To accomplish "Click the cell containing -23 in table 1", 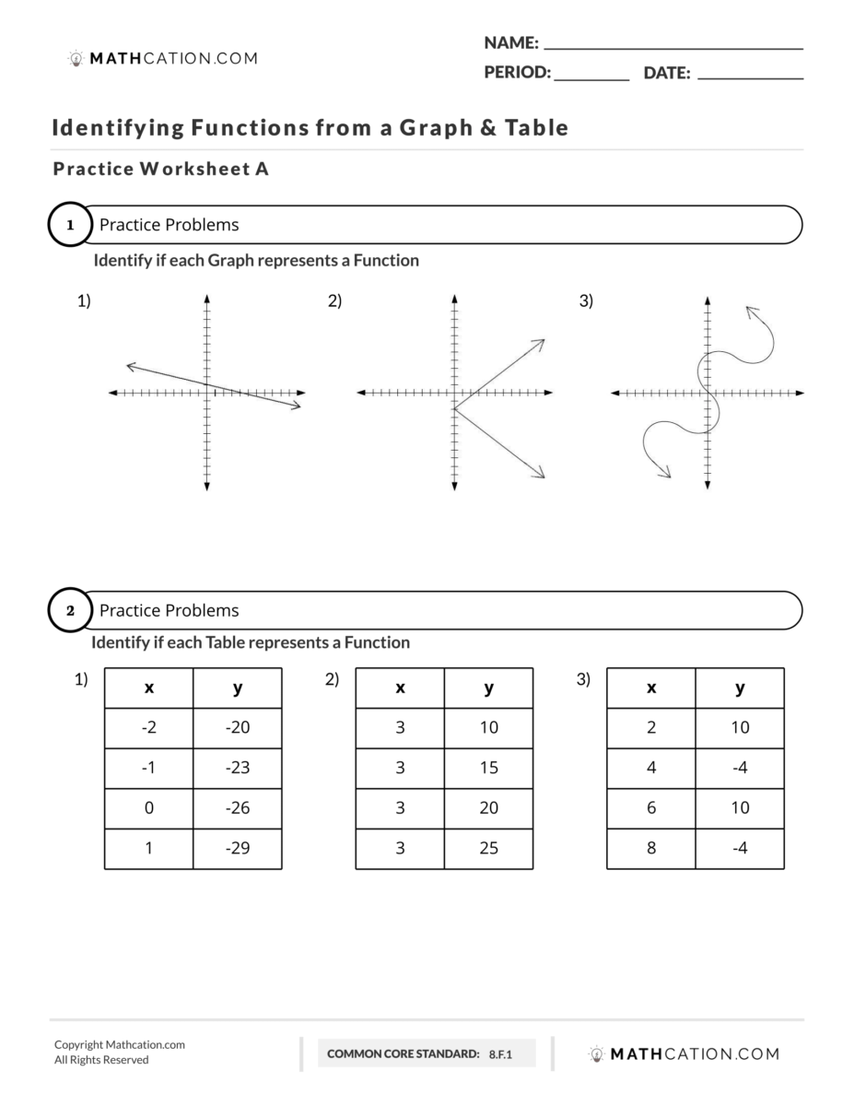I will tap(238, 768).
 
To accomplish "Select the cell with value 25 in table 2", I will tap(488, 848).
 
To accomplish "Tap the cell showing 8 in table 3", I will tap(651, 848).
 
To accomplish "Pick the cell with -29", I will tap(238, 848).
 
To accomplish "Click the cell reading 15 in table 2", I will tap(488, 768).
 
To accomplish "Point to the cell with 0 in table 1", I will tap(149, 808).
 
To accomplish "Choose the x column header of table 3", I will tap(651, 688).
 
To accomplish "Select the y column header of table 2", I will tap(488, 688).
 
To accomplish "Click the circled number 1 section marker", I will tap(70, 225).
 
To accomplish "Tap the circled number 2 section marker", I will tap(70, 611).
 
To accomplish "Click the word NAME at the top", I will tap(510, 43).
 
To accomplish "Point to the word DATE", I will tap(667, 74).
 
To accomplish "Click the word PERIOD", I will tap(517, 74).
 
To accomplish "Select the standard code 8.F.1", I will tap(500, 1053).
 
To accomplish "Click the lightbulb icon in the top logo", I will tap(76, 59).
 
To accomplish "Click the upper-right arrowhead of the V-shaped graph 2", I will tap(540, 342).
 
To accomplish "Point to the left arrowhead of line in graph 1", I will tap(129, 367).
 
